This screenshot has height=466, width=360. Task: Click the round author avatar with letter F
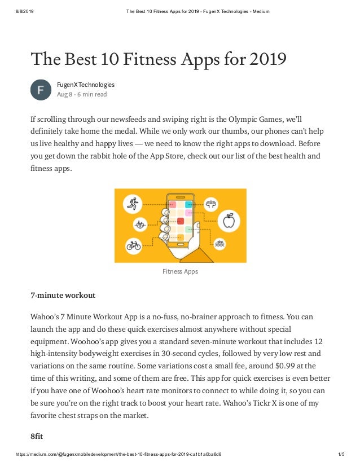[41, 90]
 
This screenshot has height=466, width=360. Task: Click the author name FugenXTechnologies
[85, 85]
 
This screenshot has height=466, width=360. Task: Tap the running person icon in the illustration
[133, 203]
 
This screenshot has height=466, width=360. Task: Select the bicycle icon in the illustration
[133, 245]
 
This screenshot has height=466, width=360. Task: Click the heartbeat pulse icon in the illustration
[141, 225]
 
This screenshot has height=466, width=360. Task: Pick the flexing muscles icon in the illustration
[211, 203]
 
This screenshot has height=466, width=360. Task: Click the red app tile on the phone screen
[181, 221]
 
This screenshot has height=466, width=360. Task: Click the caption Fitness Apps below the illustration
[180, 271]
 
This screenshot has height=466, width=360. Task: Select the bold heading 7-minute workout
[63, 295]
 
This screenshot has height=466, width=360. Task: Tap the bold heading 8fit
[37, 436]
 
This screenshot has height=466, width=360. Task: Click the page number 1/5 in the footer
[340, 454]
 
